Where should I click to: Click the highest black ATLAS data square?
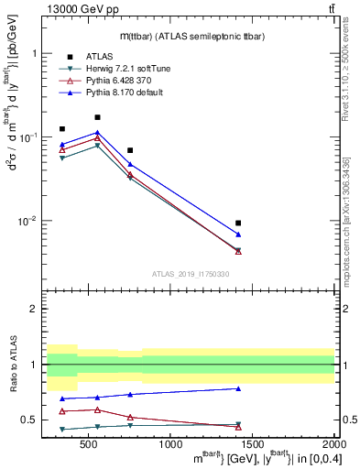pyautogui.click(x=98, y=117)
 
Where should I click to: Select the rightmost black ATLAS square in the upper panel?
pyautogui.click(x=238, y=223)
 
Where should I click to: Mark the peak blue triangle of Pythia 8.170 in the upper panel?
pyautogui.click(x=98, y=133)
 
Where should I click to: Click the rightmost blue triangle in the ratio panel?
pyautogui.click(x=238, y=388)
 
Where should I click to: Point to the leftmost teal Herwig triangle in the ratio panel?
pyautogui.click(x=62, y=429)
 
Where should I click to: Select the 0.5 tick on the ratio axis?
pyautogui.click(x=34, y=420)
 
